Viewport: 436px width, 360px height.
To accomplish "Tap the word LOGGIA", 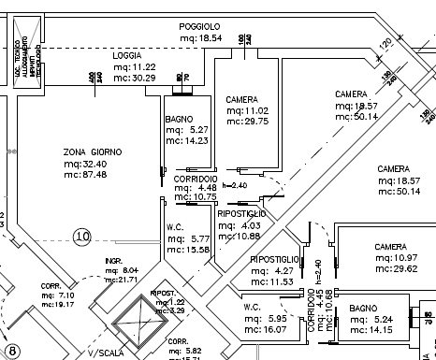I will click(x=126, y=56).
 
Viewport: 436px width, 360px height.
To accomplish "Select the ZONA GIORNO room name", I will click(x=94, y=151).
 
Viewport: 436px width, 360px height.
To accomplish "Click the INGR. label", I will click(x=114, y=260).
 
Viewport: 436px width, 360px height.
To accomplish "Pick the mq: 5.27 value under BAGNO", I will click(x=185, y=131).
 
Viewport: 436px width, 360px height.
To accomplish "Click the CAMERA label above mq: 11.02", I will click(x=242, y=99).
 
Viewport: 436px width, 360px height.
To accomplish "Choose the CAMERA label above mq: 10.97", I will click(x=390, y=247).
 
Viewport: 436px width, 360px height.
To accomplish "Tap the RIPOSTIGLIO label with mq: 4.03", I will click(x=241, y=214).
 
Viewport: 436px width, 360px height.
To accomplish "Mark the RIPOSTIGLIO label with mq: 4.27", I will click(x=274, y=258).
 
